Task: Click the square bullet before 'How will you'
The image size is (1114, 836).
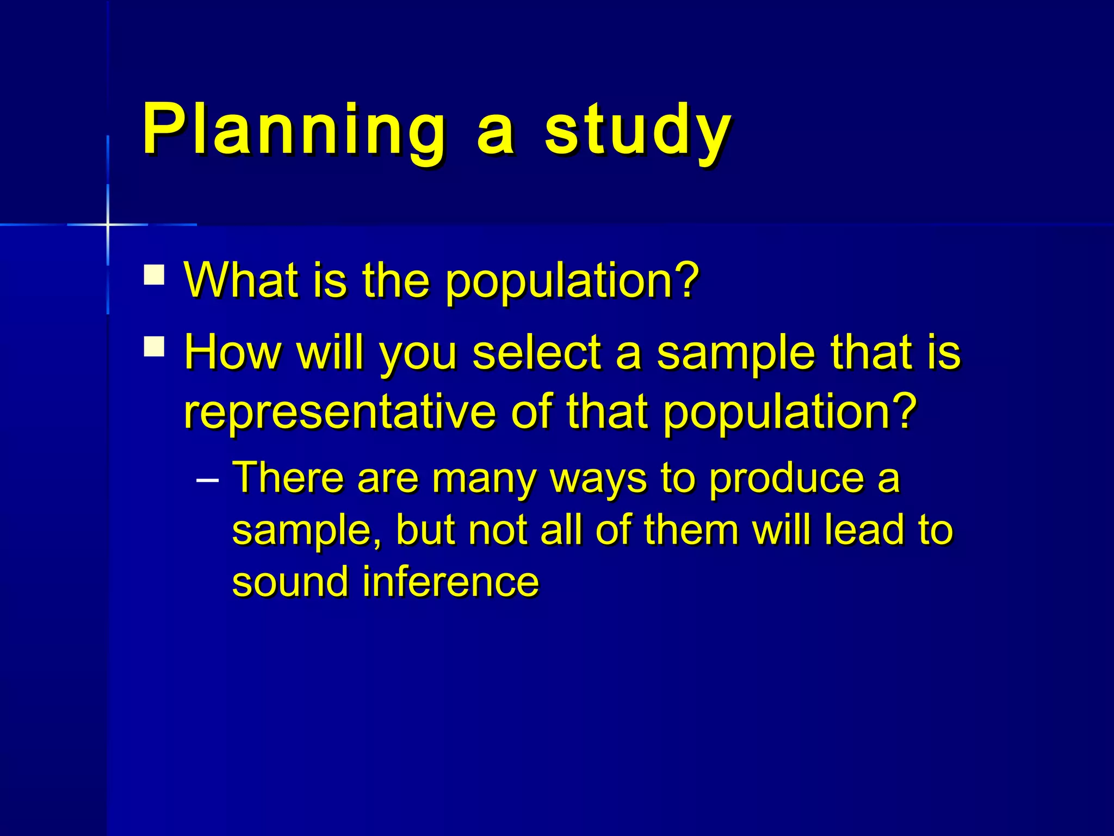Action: pos(154,347)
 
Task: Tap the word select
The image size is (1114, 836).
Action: pos(536,353)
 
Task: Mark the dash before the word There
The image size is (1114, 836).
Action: pos(207,481)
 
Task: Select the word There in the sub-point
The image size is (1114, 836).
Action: pos(288,477)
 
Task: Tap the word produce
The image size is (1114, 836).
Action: pos(787,479)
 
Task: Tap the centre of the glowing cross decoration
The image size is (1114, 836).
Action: pos(108,224)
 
